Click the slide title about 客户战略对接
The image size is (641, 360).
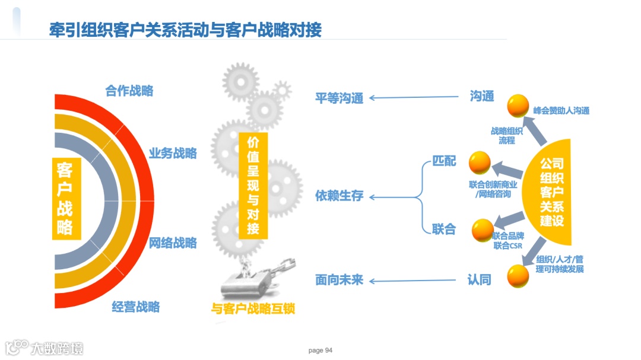pyautogui.click(x=185, y=30)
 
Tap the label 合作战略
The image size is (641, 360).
pyautogui.click(x=129, y=91)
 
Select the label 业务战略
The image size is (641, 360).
pyautogui.click(x=173, y=153)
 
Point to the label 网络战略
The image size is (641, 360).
pyautogui.click(x=173, y=243)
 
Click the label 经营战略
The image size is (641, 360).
pyautogui.click(x=136, y=307)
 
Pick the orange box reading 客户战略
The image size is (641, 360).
pyautogui.click(x=65, y=198)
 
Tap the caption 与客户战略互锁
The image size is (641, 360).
pyautogui.click(x=253, y=308)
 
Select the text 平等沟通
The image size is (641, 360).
pyautogui.click(x=339, y=98)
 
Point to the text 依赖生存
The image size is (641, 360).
pyautogui.click(x=339, y=196)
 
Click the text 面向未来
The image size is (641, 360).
pyautogui.click(x=339, y=280)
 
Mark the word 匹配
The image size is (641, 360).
pyautogui.click(x=444, y=161)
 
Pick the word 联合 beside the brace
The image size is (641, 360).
pyautogui.click(x=444, y=229)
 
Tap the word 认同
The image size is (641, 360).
pyautogui.click(x=480, y=280)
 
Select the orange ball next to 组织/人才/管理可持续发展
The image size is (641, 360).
pyautogui.click(x=518, y=276)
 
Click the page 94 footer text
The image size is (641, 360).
pyautogui.click(x=320, y=351)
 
